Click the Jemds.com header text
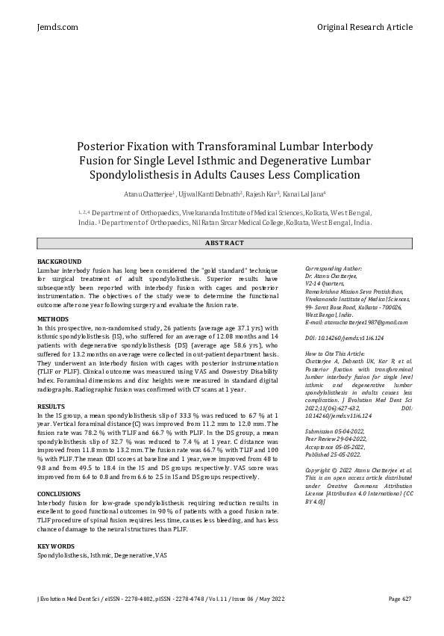(57, 27)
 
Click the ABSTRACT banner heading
(224, 243)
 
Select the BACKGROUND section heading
(59, 261)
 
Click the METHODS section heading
(52, 319)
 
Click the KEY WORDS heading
(56, 546)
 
